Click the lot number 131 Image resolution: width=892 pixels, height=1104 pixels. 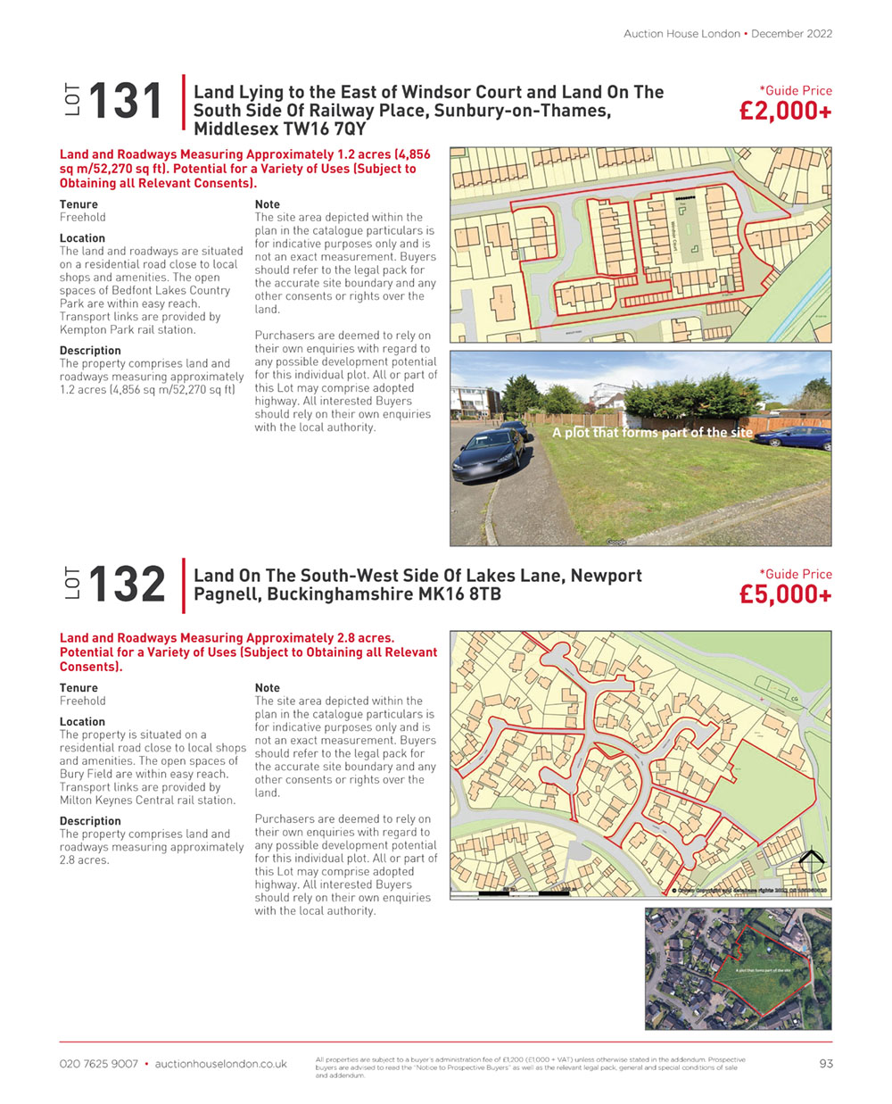(126, 101)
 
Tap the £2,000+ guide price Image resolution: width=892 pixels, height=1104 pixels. (785, 111)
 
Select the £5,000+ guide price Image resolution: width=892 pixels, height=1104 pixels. (785, 594)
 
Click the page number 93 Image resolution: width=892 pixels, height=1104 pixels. (825, 1063)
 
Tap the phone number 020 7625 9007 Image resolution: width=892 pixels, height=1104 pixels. (99, 1064)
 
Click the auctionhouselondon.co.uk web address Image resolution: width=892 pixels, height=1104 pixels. (220, 1064)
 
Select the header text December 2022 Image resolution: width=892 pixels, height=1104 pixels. (791, 34)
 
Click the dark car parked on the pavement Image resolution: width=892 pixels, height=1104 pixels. (487, 451)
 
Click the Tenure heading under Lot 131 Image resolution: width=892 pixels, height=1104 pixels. (78, 204)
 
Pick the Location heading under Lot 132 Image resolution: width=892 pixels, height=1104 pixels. (82, 722)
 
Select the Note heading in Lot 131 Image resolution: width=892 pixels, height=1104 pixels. (267, 204)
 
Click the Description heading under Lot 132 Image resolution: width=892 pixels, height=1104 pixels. (90, 821)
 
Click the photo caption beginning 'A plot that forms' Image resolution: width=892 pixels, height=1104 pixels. (652, 432)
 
